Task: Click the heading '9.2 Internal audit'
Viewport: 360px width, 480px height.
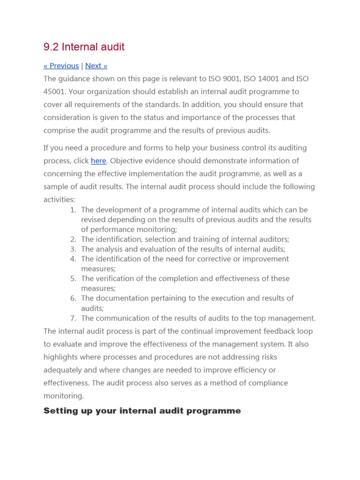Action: coord(84,47)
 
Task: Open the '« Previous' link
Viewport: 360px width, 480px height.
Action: coord(61,66)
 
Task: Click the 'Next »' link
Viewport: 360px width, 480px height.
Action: coord(96,66)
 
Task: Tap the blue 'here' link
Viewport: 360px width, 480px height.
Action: coord(98,161)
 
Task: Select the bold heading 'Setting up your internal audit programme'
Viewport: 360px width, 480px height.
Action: coord(142,411)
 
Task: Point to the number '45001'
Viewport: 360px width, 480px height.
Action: coord(55,91)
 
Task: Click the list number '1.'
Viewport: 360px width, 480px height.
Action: coord(73,210)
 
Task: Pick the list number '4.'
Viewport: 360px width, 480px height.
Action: coord(73,259)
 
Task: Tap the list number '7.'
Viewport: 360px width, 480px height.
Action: coord(73,318)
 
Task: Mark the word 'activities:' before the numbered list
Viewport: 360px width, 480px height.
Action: coord(59,200)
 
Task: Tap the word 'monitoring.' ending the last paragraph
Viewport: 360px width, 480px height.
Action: coord(64,396)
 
